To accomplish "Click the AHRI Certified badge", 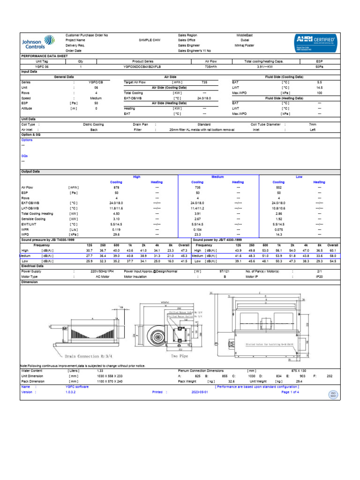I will (x=315, y=42).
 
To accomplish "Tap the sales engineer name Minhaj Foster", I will (x=244, y=45).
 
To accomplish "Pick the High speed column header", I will (x=136, y=177).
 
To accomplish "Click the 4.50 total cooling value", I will (x=116, y=213).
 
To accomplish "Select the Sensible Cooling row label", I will (x=34, y=218).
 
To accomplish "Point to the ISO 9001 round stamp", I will (x=334, y=394).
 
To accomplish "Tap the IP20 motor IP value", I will (x=319, y=277).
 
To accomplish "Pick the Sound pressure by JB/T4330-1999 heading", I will (x=48, y=240).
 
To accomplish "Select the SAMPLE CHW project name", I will (x=150, y=40).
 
